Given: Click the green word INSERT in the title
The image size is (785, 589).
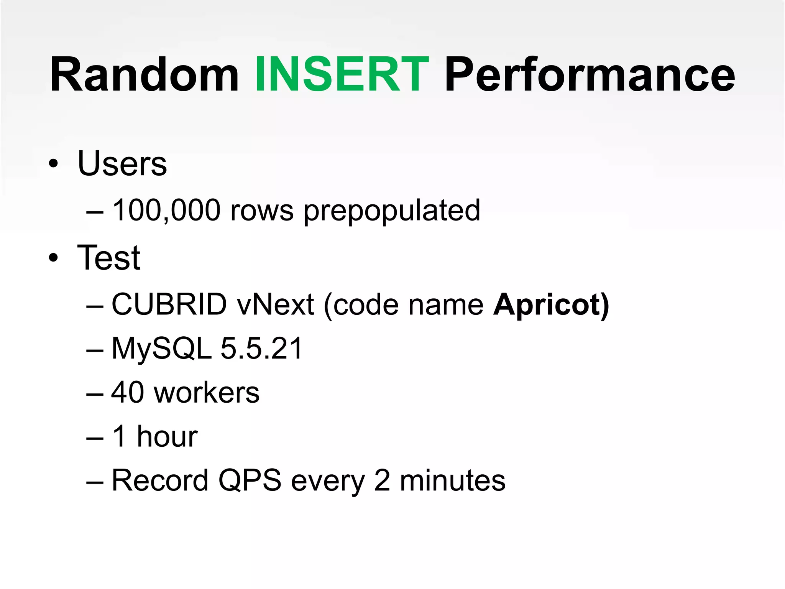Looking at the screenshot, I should (x=342, y=74).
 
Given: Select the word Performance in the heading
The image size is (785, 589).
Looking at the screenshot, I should (x=590, y=74).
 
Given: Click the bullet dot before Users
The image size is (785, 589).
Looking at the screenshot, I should (x=54, y=165).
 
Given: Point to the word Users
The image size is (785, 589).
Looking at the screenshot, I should (x=122, y=164).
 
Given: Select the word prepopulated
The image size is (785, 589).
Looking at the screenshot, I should (x=392, y=211).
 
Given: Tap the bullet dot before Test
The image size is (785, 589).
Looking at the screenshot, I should (x=54, y=258).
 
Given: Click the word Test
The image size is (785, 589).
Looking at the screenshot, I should (x=109, y=258).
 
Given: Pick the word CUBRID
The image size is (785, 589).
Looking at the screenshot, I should (x=169, y=304).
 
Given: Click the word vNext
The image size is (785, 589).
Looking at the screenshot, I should (x=276, y=304).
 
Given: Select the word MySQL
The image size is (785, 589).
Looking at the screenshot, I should (x=161, y=349).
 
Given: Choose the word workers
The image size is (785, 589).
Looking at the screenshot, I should (x=207, y=393).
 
